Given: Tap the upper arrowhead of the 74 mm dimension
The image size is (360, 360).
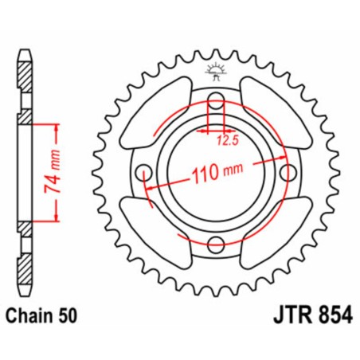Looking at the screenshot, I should click(56, 128).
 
